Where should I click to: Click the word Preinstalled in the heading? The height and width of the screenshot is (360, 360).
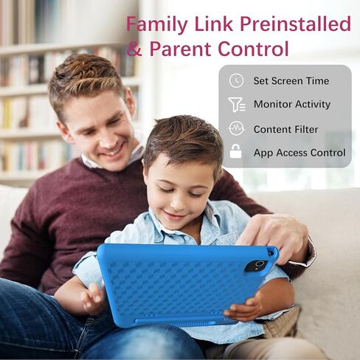(295, 24)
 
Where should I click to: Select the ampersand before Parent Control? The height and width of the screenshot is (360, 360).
(134, 48)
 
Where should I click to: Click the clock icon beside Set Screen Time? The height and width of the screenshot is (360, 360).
(236, 80)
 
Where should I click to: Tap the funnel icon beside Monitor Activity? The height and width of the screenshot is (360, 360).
(236, 104)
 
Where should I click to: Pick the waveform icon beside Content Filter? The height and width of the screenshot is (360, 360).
(236, 128)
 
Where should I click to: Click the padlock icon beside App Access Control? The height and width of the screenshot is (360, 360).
(235, 151)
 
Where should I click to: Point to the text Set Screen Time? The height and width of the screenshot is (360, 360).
(291, 81)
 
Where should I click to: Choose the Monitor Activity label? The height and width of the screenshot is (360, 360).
(292, 105)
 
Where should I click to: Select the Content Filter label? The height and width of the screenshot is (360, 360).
(285, 129)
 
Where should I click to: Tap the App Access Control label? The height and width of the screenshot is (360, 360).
(300, 153)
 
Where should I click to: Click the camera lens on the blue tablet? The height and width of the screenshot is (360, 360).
(259, 264)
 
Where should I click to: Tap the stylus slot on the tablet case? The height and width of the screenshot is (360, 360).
(175, 322)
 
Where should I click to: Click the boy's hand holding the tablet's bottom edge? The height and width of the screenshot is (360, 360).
(246, 308)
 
